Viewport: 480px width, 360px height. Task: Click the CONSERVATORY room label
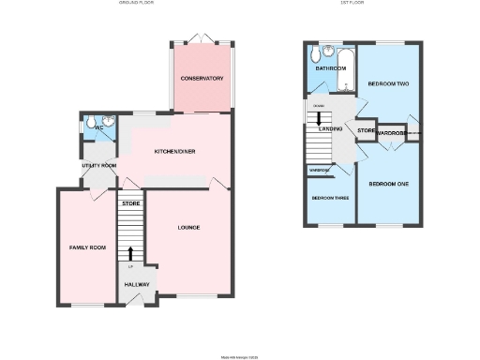pos(202,78)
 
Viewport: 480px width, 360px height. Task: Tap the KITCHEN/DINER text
pos(174,151)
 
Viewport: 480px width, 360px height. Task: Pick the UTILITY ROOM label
pos(97,165)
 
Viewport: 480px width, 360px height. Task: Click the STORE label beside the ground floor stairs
pos(130,202)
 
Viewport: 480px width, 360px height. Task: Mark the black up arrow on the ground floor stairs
pos(129,253)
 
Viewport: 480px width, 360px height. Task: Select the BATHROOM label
pos(331,68)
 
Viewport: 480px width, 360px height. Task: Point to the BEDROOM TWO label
pos(390,84)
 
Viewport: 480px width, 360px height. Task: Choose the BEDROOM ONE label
pos(388,184)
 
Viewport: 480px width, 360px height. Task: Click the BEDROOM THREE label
pos(329,199)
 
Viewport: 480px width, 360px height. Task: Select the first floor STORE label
pos(366,130)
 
